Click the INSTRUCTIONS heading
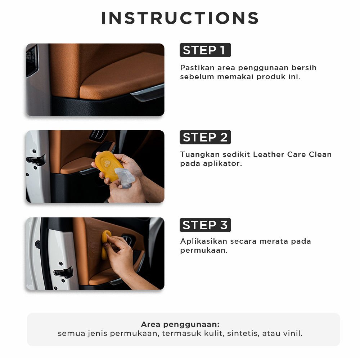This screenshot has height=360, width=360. click(180, 18)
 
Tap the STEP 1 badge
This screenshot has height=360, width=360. click(205, 50)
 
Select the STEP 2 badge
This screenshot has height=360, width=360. click(205, 137)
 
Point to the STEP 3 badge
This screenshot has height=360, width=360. click(205, 225)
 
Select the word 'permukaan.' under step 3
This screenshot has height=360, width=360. click(204, 251)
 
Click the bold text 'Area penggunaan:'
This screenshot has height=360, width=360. click(180, 324)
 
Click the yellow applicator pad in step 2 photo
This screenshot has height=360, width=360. click(108, 165)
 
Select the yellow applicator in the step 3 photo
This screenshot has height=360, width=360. click(105, 243)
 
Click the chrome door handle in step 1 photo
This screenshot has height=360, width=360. click(148, 92)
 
